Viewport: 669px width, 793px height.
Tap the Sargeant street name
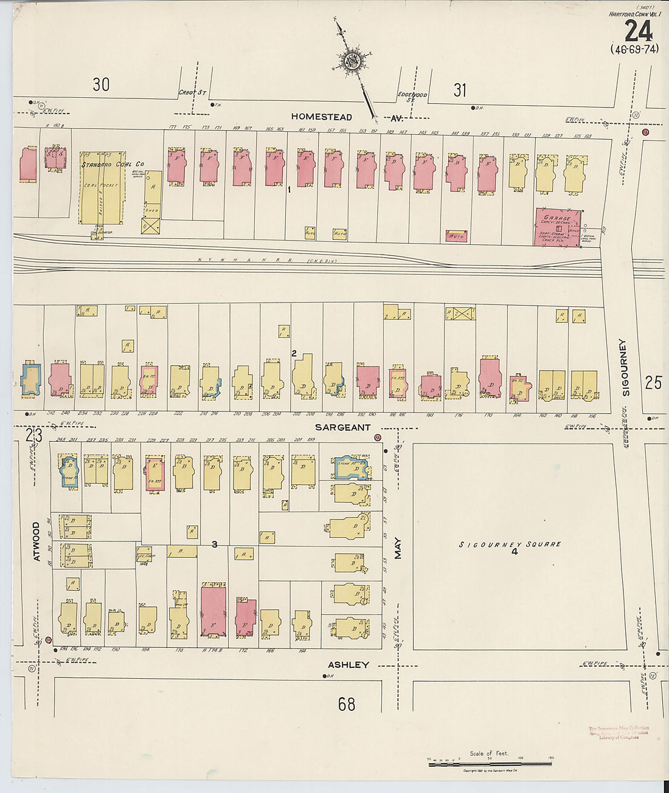[343, 427]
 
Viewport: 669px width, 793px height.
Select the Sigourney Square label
[510, 544]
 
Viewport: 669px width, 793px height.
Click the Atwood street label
[36, 541]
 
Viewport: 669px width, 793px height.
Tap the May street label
[398, 548]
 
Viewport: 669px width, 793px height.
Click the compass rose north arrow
[352, 61]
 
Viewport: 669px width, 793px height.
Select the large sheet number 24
[638, 31]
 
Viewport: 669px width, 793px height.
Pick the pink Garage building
[557, 227]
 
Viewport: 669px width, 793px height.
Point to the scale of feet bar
[490, 763]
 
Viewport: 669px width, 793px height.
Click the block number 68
[347, 704]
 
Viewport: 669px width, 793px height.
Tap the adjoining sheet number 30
[101, 84]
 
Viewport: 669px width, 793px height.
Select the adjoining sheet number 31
[460, 90]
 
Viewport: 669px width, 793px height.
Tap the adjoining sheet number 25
[653, 382]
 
